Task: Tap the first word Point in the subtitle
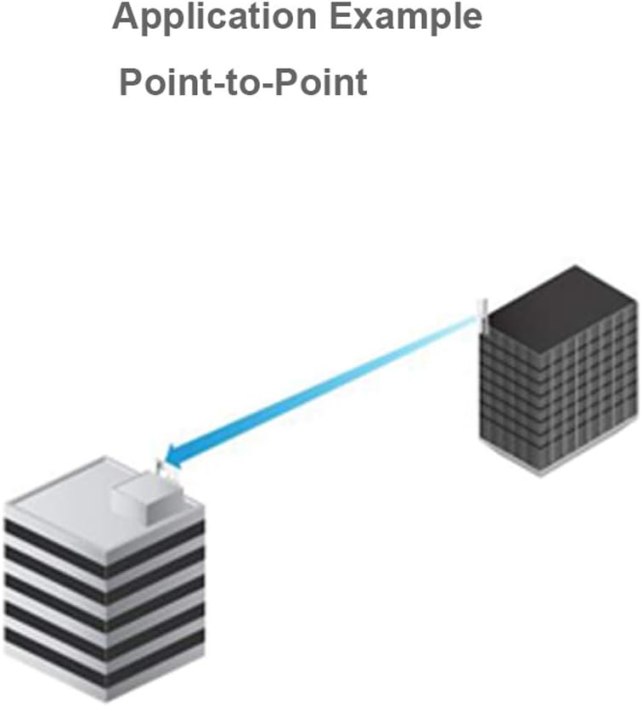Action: point(158,82)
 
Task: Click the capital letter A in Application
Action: point(124,17)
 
